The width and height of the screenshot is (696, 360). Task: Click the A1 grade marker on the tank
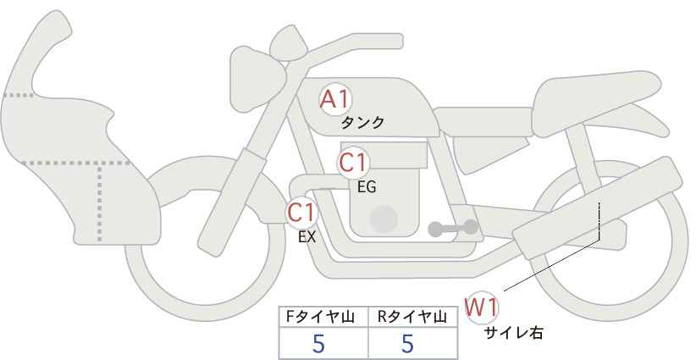click(x=335, y=99)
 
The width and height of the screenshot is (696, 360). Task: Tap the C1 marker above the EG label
click(x=352, y=163)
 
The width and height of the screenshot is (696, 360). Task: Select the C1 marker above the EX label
click(x=301, y=213)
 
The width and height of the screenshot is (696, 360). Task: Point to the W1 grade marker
click(x=482, y=307)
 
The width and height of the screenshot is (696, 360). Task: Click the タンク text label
click(x=362, y=123)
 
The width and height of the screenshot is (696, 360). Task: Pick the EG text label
click(x=367, y=187)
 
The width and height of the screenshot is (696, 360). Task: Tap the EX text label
click(x=307, y=237)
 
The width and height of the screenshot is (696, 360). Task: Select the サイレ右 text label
click(x=514, y=333)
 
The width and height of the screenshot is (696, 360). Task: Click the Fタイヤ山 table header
click(x=320, y=317)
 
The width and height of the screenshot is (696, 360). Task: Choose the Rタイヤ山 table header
click(x=412, y=317)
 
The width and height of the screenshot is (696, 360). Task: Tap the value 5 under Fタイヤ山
click(x=318, y=343)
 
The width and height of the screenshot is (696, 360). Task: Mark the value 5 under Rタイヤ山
click(x=407, y=343)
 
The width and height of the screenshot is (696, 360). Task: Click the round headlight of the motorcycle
click(x=257, y=79)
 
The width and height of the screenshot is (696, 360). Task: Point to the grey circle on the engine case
click(x=384, y=219)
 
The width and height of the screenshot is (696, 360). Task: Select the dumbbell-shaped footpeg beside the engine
click(x=453, y=228)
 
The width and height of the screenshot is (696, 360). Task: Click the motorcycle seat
click(x=594, y=103)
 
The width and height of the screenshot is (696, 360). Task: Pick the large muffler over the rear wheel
click(x=597, y=208)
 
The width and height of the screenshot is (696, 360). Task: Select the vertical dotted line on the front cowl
click(x=99, y=202)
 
